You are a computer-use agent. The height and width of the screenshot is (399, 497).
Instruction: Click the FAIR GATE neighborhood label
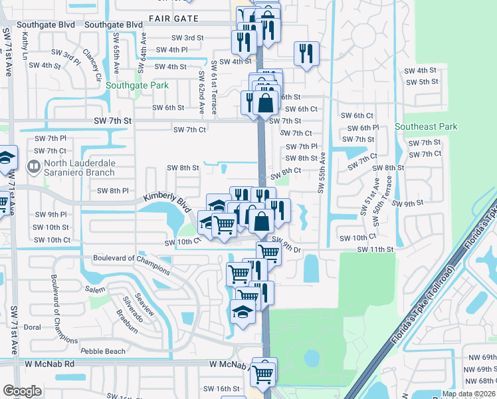pyautogui.click(x=173, y=18)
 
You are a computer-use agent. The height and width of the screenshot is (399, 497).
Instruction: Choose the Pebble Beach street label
pyautogui.click(x=103, y=351)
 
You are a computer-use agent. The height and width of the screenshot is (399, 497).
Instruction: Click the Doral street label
pyautogui.click(x=32, y=327)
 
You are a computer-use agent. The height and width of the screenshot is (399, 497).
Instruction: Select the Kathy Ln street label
pyautogui.click(x=25, y=46)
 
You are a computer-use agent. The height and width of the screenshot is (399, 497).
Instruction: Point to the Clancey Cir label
pyautogui.click(x=92, y=63)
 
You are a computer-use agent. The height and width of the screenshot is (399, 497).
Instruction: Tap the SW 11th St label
pyautogui.click(x=375, y=249)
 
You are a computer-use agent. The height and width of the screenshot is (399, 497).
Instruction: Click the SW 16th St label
pyautogui.click(x=221, y=388)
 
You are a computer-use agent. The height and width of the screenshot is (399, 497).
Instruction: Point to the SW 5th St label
pyautogui.click(x=421, y=82)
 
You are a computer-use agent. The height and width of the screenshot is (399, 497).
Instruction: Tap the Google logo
pyautogui.click(x=22, y=391)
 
